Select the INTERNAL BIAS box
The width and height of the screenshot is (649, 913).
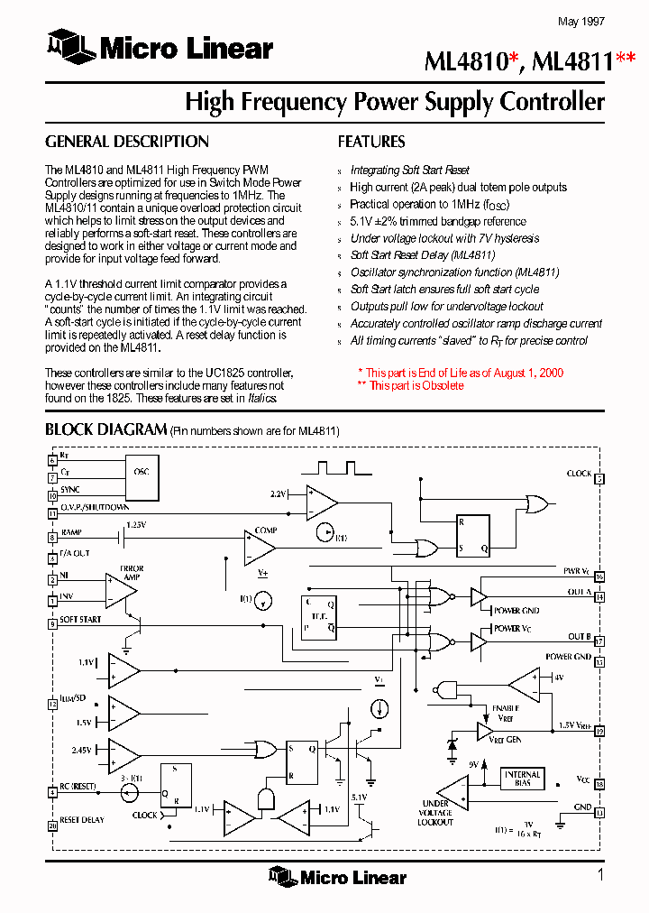point(523,779)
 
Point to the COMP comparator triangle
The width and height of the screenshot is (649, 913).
point(261,546)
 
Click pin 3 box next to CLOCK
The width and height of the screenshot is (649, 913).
point(599,479)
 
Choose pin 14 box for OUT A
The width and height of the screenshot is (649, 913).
point(599,597)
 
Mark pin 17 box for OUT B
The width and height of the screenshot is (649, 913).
point(599,641)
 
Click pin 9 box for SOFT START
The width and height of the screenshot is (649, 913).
point(51,623)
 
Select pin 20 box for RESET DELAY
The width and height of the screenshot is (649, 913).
point(51,825)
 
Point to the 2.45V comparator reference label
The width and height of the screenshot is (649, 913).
point(82,750)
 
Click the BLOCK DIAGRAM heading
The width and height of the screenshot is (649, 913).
point(105,429)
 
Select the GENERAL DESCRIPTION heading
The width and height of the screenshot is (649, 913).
point(126,142)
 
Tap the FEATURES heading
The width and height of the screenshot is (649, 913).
point(371,142)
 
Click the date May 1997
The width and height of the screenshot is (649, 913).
point(581,21)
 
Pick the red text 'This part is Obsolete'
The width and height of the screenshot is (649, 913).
point(416,386)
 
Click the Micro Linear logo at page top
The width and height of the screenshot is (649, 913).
point(160,47)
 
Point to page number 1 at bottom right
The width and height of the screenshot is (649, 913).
point(599,874)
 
